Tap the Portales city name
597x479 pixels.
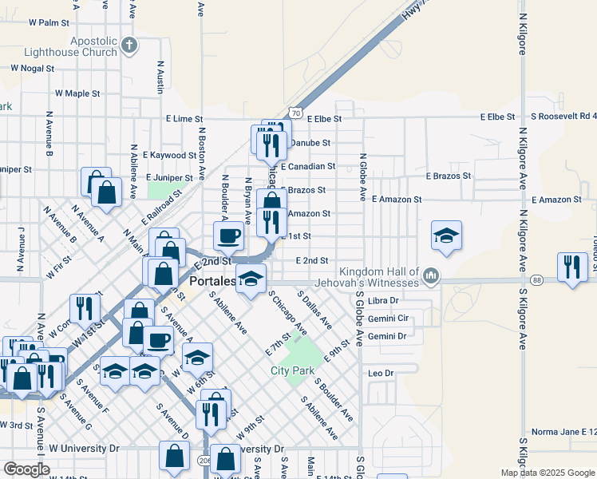213,282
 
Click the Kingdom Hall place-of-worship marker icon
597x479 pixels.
432,276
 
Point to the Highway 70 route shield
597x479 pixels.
295,113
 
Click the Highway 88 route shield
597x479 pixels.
536,280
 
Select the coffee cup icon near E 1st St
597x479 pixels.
228,235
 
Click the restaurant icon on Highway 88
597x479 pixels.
573,266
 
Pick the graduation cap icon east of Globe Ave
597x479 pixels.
447,235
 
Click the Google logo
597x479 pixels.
26,469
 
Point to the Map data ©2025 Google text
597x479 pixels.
548,473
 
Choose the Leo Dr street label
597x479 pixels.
381,373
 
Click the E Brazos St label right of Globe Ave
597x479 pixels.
449,176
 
